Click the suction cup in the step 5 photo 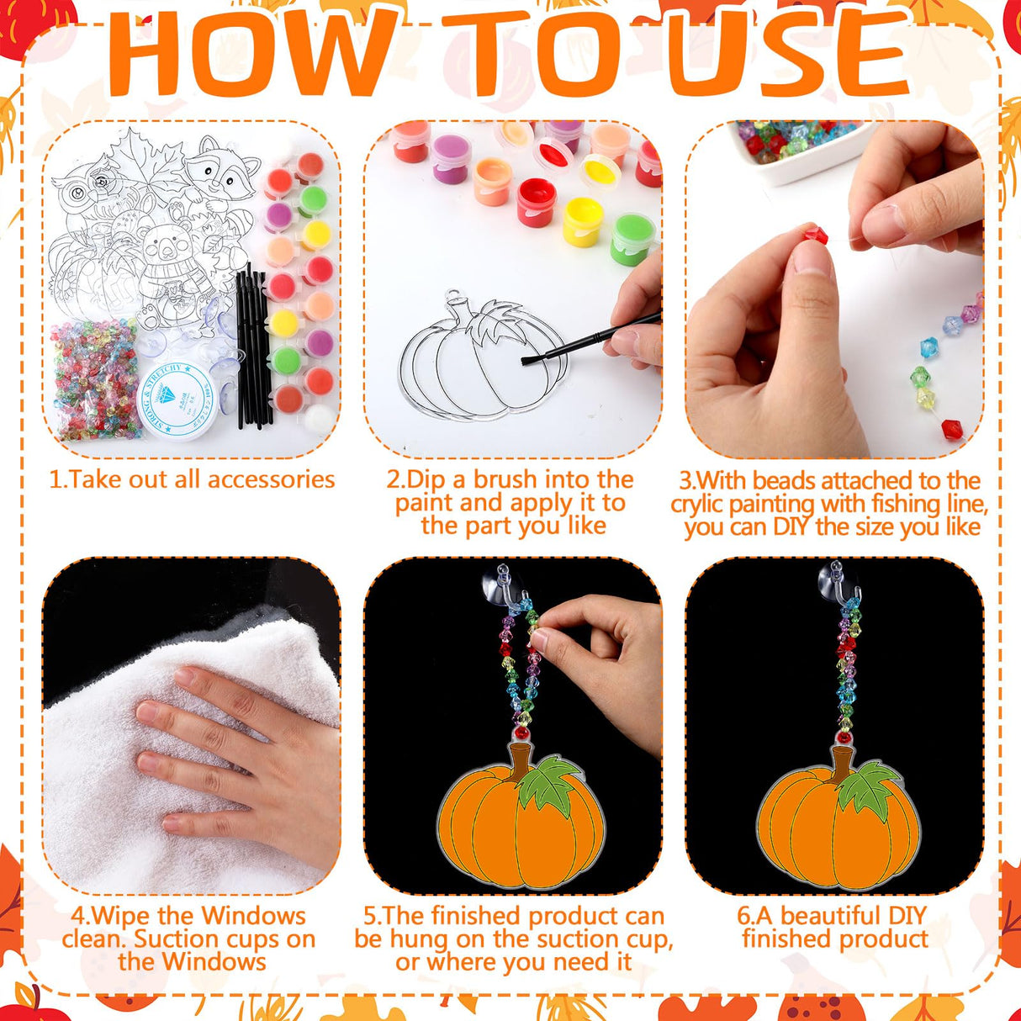pyautogui.click(x=502, y=585)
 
